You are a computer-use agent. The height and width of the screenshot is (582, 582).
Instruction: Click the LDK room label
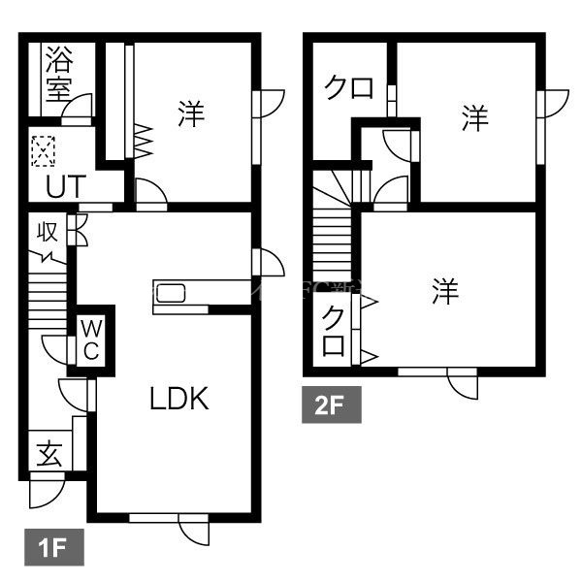179,399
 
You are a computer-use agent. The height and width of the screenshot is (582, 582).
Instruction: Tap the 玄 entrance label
49,454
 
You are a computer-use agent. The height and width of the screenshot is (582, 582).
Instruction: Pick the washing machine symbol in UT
44,151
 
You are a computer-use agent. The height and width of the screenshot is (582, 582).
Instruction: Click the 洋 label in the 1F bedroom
190,114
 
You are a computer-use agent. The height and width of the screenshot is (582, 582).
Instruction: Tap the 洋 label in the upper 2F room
473,120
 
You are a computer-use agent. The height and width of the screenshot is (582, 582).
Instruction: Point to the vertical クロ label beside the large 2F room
333,331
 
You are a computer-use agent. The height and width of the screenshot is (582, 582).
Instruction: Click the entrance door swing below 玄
45,493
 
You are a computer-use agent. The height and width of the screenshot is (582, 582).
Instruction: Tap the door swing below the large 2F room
463,382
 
